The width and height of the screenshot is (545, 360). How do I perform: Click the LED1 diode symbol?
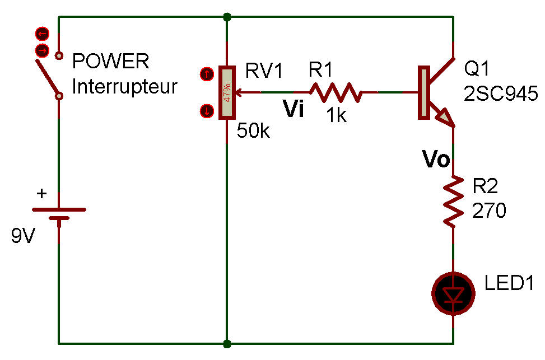pos(453,294)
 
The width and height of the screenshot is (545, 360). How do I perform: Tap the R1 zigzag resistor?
pos(336,92)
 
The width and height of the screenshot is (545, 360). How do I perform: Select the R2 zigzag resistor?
pos(453,202)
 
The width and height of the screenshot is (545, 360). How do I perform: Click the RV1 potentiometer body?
pos(227,93)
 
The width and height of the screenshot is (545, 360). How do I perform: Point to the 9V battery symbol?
pos(59,214)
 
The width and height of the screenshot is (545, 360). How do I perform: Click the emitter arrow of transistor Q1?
pos(445,117)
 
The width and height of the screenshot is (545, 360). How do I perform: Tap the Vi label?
pos(294,109)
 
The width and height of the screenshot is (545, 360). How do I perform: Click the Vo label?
pos(436,159)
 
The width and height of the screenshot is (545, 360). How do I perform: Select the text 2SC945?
pos(501,93)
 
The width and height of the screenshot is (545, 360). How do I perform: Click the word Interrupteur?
pos(125,87)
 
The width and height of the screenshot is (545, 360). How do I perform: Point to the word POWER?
pos(110,61)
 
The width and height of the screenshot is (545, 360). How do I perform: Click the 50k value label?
pos(253,131)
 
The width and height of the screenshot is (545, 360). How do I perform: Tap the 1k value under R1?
pos(337,115)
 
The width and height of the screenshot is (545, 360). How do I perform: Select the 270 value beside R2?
pos(488,211)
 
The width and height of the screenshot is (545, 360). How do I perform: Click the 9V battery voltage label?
pos(23,236)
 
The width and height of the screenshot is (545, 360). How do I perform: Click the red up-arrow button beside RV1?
pos(207,74)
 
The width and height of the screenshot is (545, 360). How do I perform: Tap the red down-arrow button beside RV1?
pos(207,111)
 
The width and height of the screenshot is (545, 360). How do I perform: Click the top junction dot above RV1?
pos(227,17)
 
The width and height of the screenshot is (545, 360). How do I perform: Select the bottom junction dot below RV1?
pos(227,344)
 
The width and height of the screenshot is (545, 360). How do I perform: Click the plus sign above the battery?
pos(41,194)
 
